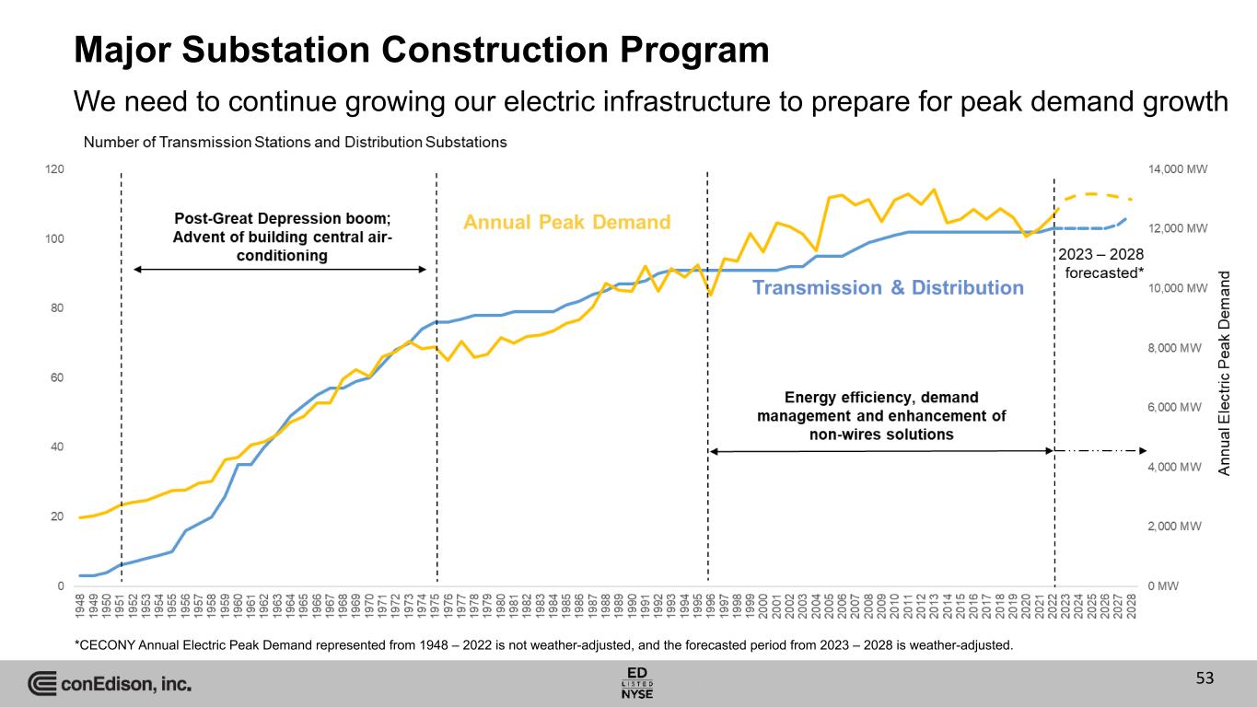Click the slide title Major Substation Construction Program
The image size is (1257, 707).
[421, 50]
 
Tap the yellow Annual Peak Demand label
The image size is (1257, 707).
[566, 222]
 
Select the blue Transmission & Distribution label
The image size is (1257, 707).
[888, 288]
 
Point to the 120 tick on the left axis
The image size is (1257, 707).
[55, 170]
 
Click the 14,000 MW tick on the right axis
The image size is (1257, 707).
[1177, 169]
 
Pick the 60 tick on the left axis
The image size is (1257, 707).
[57, 378]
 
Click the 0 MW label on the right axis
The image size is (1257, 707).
[1162, 585]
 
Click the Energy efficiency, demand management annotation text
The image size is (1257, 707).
[881, 415]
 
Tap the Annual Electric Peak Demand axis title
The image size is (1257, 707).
[1225, 373]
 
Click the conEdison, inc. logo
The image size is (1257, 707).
[110, 684]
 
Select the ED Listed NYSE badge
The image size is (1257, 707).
[637, 681]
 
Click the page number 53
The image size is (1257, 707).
[1205, 679]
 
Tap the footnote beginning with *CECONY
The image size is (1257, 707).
[542, 644]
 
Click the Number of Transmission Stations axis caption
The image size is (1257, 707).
[295, 143]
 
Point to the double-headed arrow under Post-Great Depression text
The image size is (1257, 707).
[280, 269]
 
